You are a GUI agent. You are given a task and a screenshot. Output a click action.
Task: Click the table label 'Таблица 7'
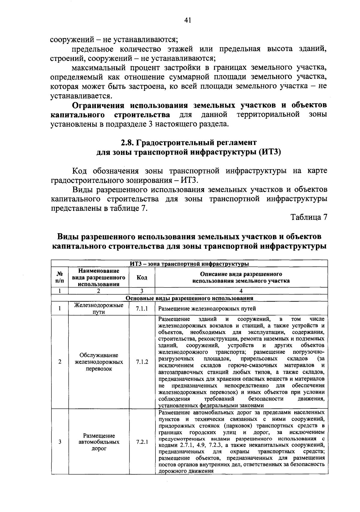[308, 217]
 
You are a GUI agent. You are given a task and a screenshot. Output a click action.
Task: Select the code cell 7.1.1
[142, 309]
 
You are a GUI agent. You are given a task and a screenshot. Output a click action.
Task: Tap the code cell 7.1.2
[142, 362]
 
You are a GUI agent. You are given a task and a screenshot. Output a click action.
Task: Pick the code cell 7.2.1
[142, 442]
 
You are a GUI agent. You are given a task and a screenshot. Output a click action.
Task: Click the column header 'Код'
[142, 277]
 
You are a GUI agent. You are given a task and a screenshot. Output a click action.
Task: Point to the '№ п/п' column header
[60, 277]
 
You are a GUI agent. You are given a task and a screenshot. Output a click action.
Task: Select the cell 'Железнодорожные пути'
[99, 309]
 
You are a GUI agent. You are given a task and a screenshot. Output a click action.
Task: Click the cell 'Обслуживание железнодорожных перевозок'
[99, 362]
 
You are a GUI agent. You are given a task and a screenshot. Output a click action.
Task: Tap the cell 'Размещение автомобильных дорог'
[99, 442]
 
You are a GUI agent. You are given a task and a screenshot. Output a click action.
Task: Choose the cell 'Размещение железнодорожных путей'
[207, 309]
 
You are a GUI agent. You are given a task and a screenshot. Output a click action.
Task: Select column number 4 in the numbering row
[241, 291]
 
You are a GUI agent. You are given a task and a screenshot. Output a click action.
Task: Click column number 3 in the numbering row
[142, 291]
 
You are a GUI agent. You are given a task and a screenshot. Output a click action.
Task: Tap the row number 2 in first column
[60, 362]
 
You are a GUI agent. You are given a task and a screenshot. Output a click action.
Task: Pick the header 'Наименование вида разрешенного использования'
[99, 277]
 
